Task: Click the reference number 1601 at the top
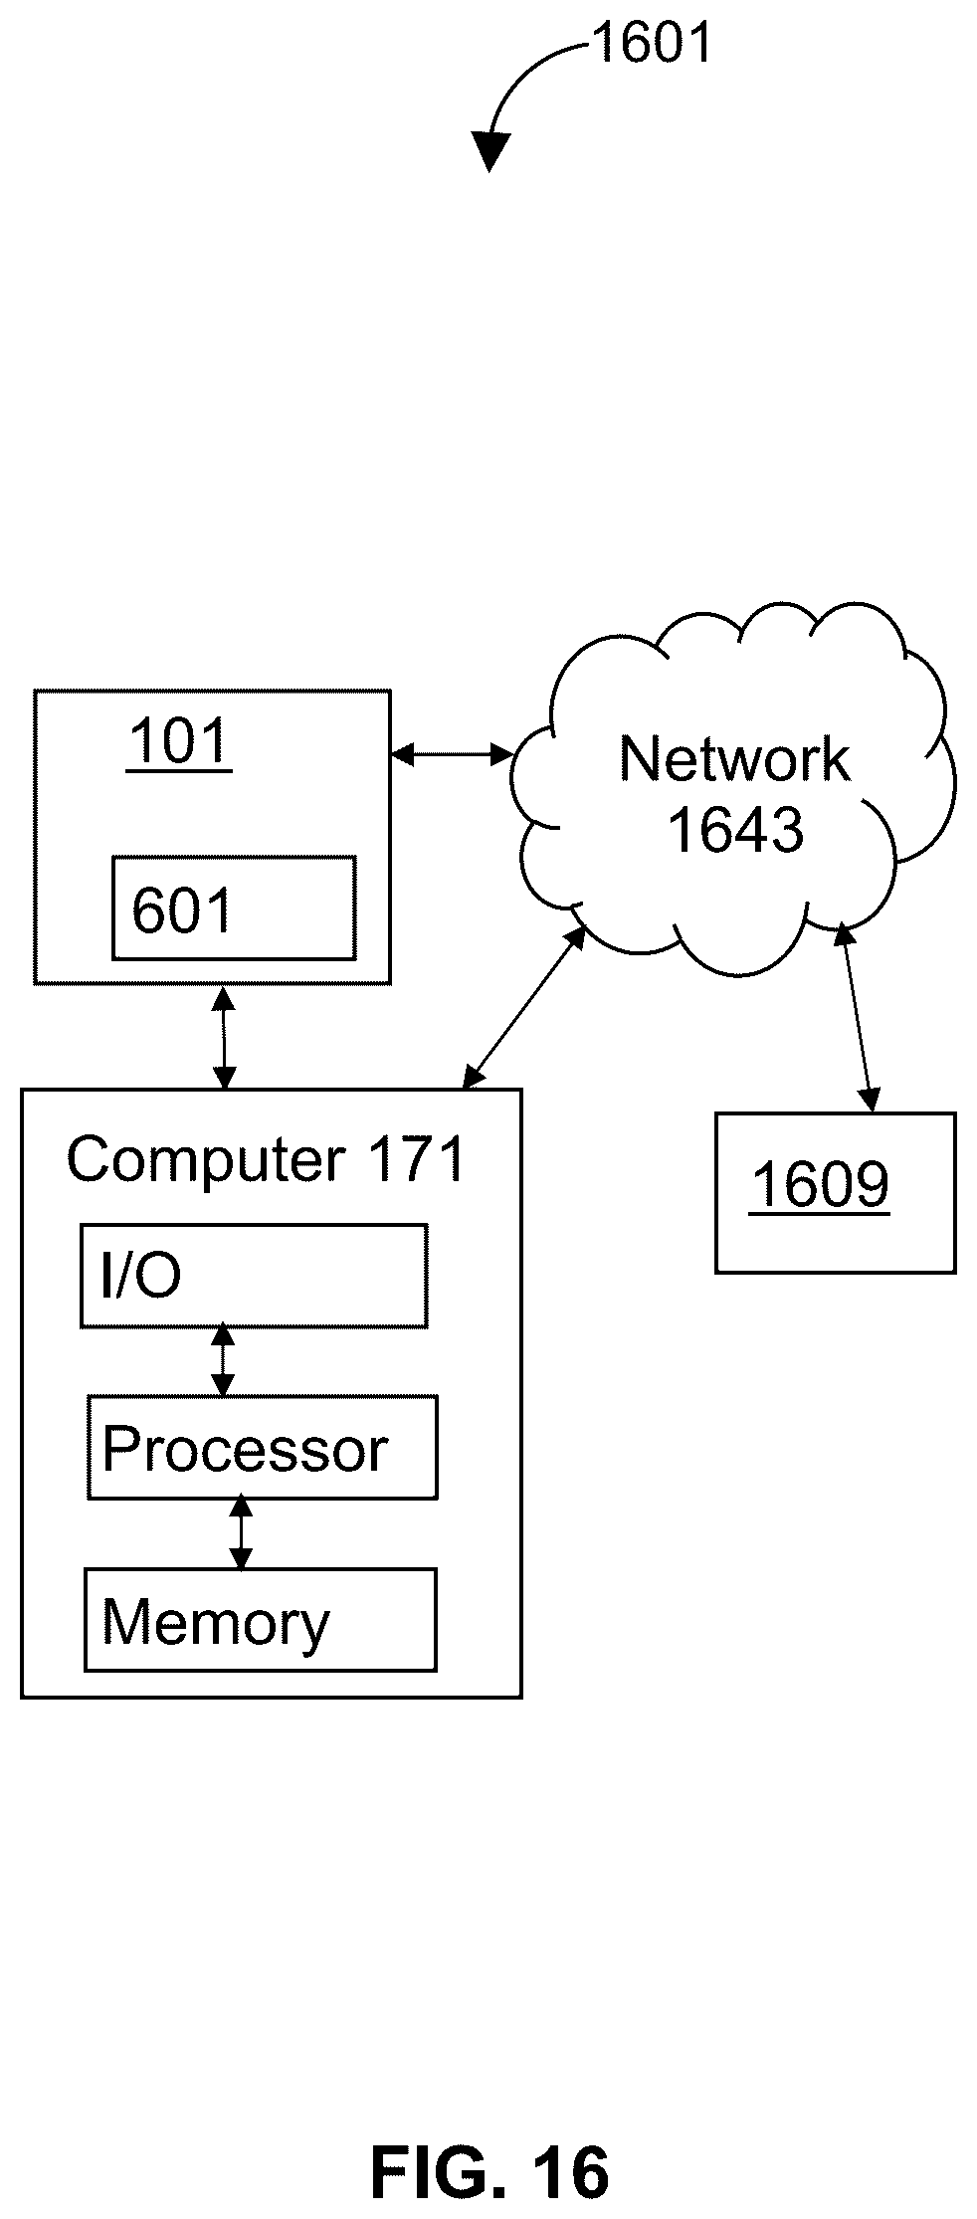653,44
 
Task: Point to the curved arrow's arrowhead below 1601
490,152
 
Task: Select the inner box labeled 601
234,908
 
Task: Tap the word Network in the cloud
734,759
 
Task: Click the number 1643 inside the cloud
735,830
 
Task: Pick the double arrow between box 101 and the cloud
452,755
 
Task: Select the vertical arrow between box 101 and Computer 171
225,1037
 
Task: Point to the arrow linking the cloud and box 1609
857,1016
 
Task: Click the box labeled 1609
836,1192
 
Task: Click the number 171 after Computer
417,1159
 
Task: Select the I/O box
255,1276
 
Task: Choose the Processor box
263,1448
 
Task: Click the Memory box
261,1620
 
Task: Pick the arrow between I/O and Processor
224,1361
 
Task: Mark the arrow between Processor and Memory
241,1533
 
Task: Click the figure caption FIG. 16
489,2172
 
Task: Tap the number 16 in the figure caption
572,2172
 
